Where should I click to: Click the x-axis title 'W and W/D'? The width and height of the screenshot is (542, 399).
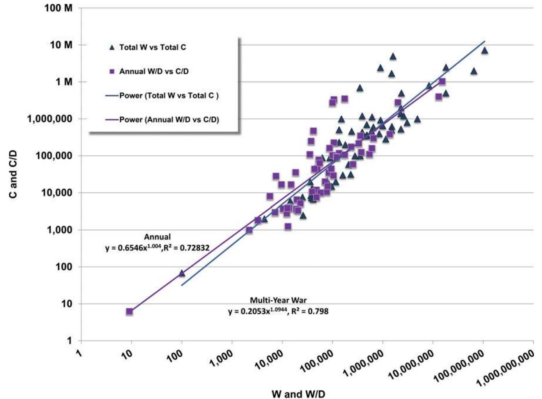click(298, 393)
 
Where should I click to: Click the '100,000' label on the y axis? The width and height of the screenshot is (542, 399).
click(54, 156)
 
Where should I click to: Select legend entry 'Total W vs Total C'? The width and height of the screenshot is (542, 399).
click(152, 47)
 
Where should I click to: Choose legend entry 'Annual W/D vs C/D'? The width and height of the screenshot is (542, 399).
click(154, 71)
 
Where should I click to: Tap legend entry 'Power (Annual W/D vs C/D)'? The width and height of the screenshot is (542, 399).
click(169, 120)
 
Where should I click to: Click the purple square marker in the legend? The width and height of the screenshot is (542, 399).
click(112, 72)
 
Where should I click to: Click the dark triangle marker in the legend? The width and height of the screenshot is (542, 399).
click(112, 48)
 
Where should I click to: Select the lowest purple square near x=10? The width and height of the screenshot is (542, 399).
click(129, 311)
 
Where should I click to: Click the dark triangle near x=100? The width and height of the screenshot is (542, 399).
click(181, 273)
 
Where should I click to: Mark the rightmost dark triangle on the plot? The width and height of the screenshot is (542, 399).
click(484, 50)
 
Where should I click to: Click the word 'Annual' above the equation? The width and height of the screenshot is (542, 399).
click(157, 237)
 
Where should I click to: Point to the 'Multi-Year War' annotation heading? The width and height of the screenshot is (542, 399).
click(278, 300)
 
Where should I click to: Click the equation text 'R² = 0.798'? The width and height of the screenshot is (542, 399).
click(310, 311)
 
